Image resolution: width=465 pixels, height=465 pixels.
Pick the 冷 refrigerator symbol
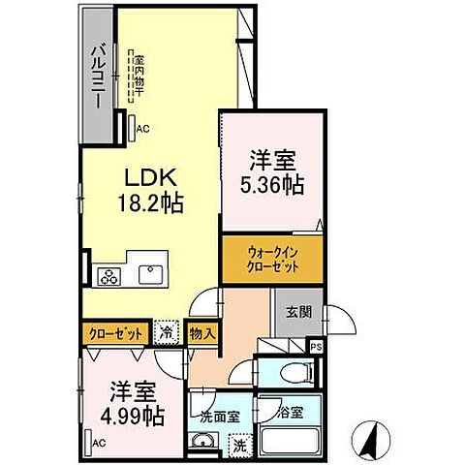click(167, 332)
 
